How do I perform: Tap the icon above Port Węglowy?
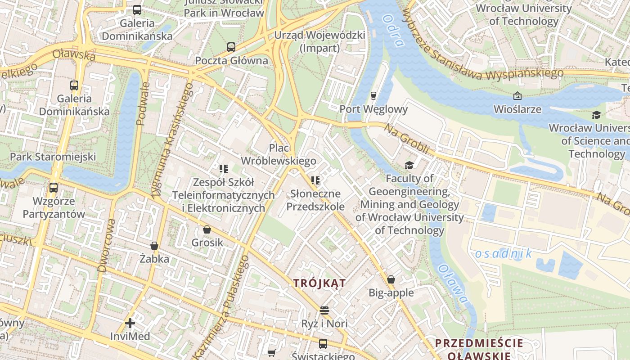point(373,95)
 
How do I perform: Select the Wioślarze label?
point(517,109)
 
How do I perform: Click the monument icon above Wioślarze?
point(517,95)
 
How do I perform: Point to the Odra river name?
point(392,30)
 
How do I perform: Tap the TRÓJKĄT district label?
point(319,283)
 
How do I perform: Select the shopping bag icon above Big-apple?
point(391,279)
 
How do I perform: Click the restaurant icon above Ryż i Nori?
point(324,310)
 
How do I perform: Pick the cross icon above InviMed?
point(130,323)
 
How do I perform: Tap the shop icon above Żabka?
point(154,246)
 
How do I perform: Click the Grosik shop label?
point(207,243)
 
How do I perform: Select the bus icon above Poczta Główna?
point(231,47)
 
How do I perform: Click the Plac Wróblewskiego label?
point(279,154)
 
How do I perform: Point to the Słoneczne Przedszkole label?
point(315,200)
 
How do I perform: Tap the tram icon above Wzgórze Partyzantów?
point(54,188)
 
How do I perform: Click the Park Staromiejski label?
point(53,157)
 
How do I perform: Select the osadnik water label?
point(504,253)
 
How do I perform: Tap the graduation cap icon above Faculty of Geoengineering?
point(409,165)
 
